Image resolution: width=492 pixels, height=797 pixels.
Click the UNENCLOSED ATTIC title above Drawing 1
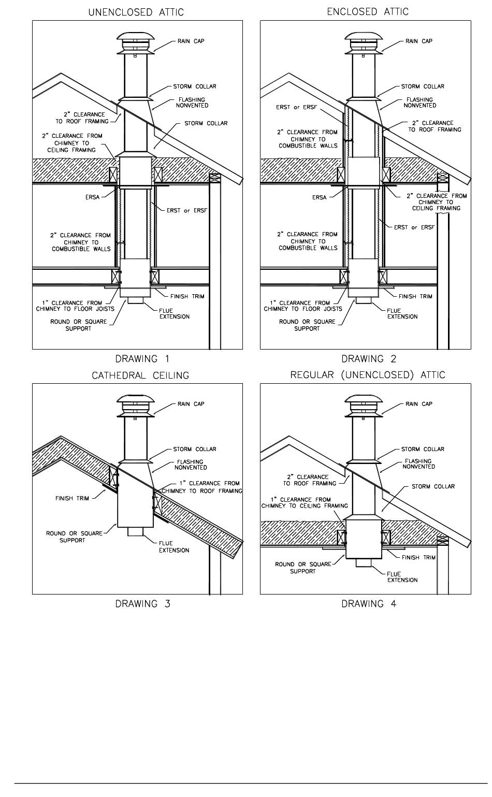(136, 12)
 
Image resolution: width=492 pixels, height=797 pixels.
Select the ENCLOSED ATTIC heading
(368, 11)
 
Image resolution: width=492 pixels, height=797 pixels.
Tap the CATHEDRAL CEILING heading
(140, 375)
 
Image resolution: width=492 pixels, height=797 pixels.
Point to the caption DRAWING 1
(142, 358)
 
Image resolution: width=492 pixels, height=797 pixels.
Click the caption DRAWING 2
(369, 358)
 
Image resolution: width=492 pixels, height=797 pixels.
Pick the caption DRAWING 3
(142, 603)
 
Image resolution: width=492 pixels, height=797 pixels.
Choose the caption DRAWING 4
(369, 603)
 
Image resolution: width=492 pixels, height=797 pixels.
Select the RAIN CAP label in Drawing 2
(418, 41)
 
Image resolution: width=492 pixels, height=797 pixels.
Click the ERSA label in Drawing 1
(93, 197)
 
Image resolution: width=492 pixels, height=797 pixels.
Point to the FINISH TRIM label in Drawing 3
(72, 498)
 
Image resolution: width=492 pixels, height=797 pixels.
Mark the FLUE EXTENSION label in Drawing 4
(402, 577)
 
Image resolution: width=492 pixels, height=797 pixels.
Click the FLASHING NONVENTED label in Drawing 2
(420, 103)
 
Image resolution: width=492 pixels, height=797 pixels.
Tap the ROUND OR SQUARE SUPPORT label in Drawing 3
(73, 537)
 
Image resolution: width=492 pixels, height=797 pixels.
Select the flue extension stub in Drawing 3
(136, 532)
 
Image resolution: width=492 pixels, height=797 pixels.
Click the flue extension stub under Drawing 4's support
(364, 563)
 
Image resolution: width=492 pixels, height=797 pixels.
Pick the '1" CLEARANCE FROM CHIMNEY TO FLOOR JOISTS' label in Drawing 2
(303, 306)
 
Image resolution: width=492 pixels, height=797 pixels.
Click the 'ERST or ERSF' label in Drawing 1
(186, 210)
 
